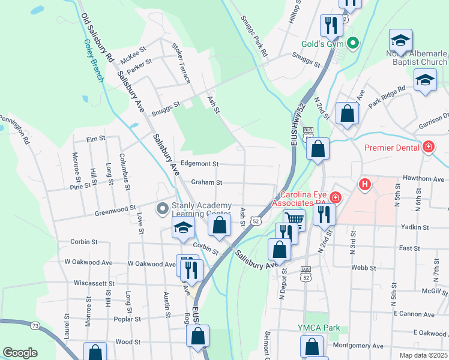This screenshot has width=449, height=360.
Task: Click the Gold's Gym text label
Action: [321, 44]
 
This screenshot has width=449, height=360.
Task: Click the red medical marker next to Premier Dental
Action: [429, 146]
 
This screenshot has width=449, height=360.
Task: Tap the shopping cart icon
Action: [294, 220]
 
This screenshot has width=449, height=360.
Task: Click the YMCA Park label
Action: [319, 328]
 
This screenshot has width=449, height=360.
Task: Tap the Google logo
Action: [20, 352]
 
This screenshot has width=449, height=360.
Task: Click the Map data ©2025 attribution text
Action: [423, 355]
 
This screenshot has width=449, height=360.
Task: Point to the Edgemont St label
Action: [199, 164]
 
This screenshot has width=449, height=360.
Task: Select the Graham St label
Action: [206, 182]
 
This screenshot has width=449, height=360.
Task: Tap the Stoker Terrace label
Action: [181, 63]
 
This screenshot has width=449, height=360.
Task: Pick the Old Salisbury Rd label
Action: [97, 38]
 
